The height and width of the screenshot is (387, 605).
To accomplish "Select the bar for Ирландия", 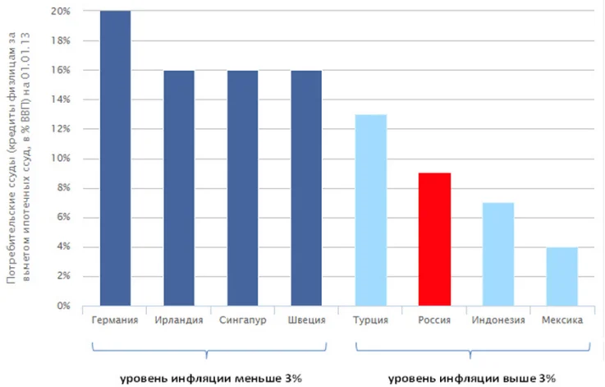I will [x=179, y=188].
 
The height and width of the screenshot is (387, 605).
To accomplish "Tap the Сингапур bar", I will [x=243, y=188].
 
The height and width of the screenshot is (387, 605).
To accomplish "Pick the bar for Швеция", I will [x=306, y=188].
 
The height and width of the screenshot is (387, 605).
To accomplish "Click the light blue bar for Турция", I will [x=370, y=210].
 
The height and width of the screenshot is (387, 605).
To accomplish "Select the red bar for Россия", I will [x=434, y=239].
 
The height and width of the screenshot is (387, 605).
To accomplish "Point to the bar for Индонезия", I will [x=498, y=254].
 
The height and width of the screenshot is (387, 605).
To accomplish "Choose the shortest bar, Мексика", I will [x=562, y=276].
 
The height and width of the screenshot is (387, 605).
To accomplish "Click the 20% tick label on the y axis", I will [x=59, y=12].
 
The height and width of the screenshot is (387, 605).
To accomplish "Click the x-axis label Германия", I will [x=115, y=320].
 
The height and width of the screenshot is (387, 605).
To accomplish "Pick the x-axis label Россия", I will [x=434, y=320].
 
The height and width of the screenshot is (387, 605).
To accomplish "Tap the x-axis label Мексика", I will [x=562, y=320].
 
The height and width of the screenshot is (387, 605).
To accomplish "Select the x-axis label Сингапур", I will [x=243, y=320].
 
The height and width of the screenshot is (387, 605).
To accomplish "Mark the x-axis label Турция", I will [x=370, y=320].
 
